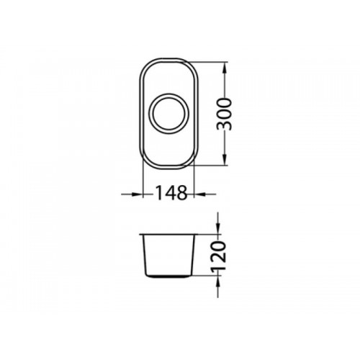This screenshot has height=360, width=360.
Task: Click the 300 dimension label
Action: coord(224,114)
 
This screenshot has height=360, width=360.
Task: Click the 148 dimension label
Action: coord(171,193)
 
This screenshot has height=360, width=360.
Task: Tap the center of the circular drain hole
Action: coord(169,114)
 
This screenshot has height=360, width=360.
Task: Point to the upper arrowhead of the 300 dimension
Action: coord(225,68)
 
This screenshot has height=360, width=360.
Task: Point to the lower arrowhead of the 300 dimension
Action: coord(225,160)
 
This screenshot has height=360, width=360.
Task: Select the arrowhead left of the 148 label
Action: coord(138,194)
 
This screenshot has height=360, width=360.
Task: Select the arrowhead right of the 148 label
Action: coord(199,194)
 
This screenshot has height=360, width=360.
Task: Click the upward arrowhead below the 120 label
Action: coord(218,282)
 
